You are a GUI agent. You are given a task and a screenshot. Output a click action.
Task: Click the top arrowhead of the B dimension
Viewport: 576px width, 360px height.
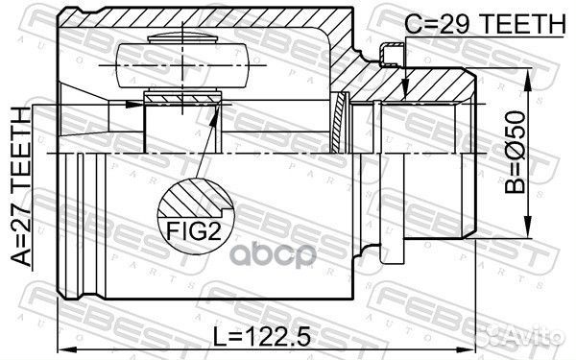[527, 78]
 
